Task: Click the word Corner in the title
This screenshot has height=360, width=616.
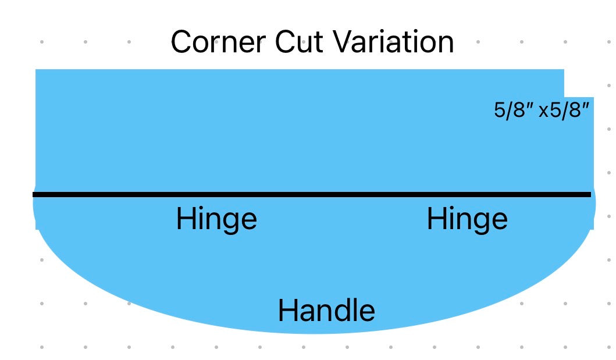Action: click(219, 42)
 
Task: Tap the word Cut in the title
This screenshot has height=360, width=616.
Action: click(298, 42)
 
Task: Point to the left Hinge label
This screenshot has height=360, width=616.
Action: click(216, 220)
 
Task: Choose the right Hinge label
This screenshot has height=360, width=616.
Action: click(467, 220)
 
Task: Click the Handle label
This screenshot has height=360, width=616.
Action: click(326, 311)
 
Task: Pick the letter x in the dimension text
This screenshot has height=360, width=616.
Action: click(544, 112)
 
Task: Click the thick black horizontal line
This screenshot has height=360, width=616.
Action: click(312, 194)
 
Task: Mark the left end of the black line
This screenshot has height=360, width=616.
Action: click(33, 194)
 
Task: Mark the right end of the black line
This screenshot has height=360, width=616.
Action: click(591, 194)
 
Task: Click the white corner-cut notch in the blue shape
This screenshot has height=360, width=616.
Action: click(579, 83)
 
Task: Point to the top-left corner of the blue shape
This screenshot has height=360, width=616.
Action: click(35, 69)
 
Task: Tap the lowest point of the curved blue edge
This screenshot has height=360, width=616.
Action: click(314, 334)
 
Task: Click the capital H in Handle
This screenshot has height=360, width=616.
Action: click(286, 311)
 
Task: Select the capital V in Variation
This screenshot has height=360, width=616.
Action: click(343, 42)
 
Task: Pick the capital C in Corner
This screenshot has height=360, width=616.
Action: click(181, 42)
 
